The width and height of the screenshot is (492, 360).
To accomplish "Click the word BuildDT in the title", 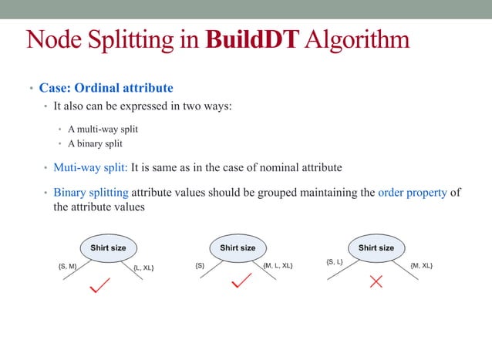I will tap(251, 40).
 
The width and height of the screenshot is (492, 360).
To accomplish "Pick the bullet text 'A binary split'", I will tap(95, 143).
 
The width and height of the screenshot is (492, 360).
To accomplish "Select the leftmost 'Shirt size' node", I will tap(103, 248).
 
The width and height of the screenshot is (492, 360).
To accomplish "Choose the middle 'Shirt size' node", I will tap(238, 248).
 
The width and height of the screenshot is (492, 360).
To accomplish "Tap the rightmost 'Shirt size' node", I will tap(376, 248).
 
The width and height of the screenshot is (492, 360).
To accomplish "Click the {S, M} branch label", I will tap(67, 266).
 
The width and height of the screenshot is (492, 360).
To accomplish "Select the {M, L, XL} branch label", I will tap(278, 266).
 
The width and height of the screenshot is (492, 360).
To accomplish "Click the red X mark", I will tap(376, 282).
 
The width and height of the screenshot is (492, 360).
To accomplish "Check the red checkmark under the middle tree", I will tap(241, 281).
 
